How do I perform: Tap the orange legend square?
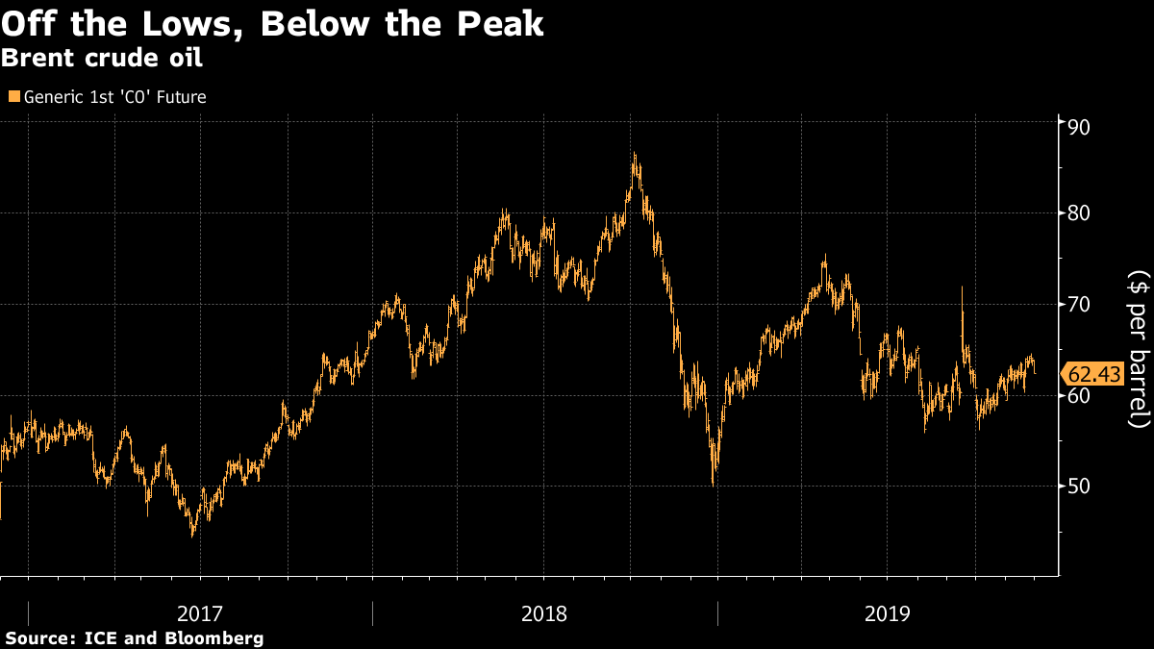(12, 97)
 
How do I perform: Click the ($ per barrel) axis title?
(1138, 348)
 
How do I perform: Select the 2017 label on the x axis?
(201, 612)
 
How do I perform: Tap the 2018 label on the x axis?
(544, 612)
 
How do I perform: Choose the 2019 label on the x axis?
(888, 612)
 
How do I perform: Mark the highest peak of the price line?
(634, 154)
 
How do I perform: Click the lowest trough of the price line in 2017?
(192, 535)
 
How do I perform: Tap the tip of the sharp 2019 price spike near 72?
(962, 287)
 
